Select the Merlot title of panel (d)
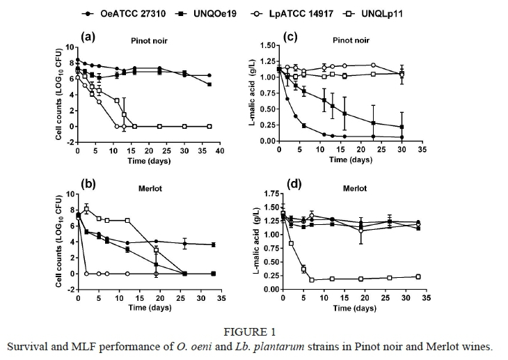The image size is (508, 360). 355,188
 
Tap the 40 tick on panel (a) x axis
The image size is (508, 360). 219,151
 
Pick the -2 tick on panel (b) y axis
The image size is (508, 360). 70,287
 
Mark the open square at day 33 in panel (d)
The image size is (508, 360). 417,276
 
